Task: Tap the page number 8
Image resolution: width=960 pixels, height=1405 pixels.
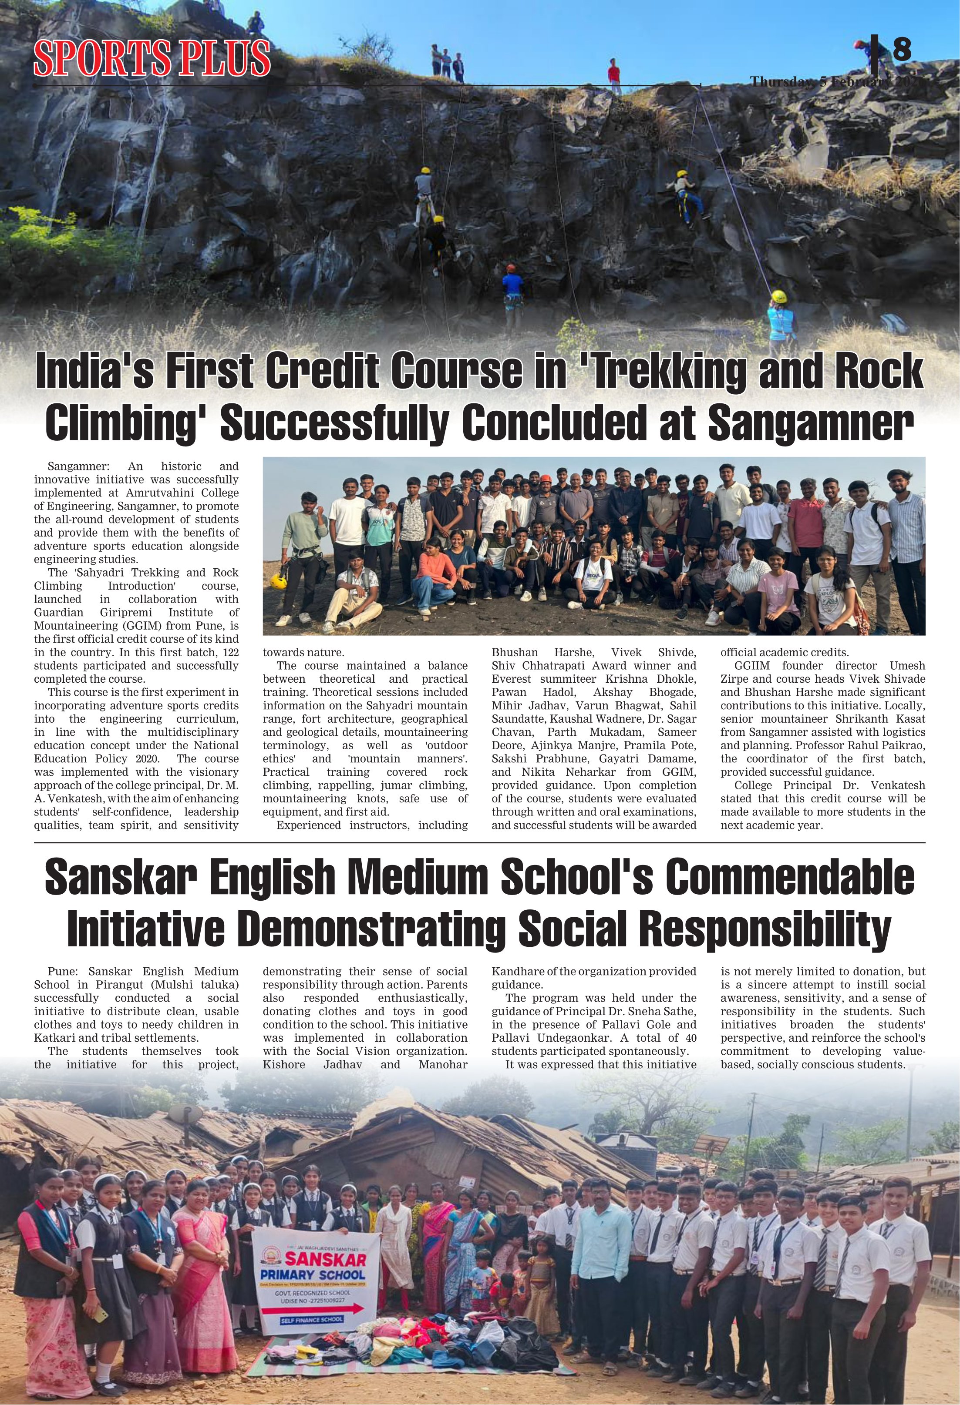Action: coord(901,50)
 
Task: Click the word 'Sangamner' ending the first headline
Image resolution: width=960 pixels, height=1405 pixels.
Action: coord(809,423)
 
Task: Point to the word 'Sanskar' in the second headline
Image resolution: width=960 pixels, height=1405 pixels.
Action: coord(118,878)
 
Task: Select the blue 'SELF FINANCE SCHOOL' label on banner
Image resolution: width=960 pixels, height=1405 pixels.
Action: coord(312,1320)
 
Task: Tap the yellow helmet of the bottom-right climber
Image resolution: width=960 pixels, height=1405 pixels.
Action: coord(778,296)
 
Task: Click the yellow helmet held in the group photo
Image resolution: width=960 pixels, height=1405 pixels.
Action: coord(278,581)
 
